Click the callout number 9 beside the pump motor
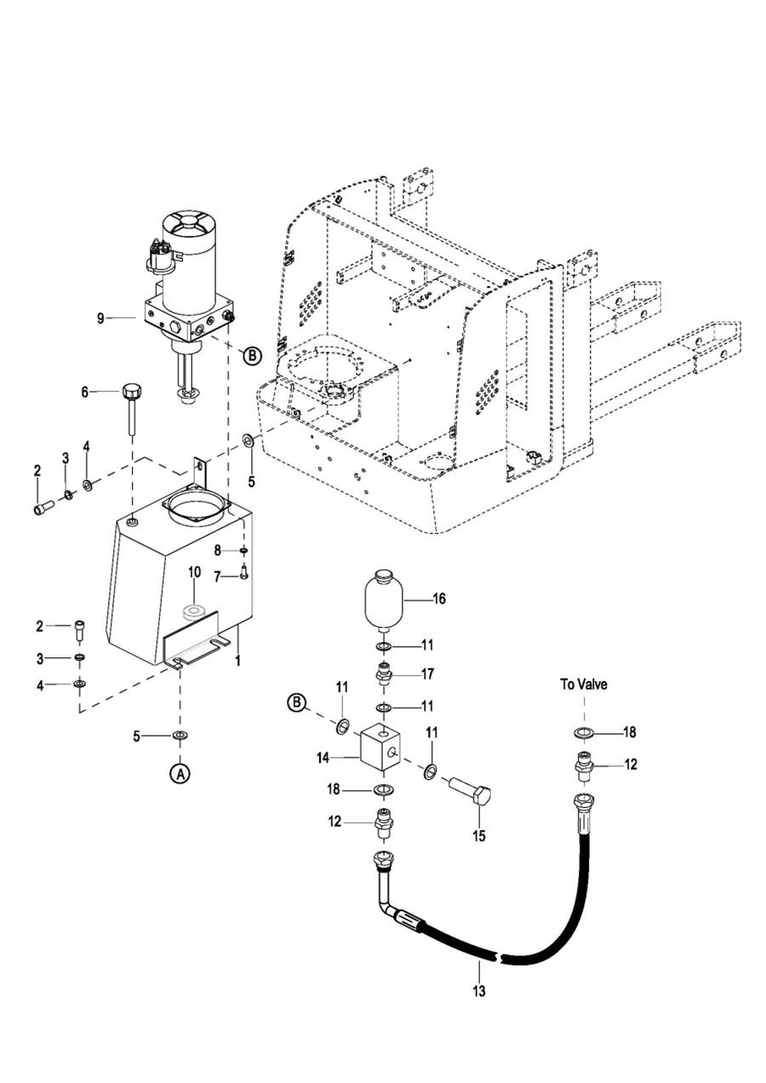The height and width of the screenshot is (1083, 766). point(100,318)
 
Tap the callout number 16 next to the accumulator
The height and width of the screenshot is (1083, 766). point(439,599)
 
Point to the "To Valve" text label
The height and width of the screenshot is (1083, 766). point(583,685)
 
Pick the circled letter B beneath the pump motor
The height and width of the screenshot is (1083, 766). point(251,356)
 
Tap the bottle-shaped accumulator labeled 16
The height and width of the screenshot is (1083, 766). point(383,600)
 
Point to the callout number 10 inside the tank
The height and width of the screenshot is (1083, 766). point(194,573)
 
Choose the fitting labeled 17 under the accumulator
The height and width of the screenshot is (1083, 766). point(384,674)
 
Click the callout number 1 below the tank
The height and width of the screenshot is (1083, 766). point(237,661)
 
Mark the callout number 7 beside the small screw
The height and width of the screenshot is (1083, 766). point(217,576)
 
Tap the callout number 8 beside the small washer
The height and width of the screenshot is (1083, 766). point(218,550)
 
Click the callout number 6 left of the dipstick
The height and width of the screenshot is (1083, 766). point(84,392)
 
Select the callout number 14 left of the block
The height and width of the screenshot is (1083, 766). point(323,758)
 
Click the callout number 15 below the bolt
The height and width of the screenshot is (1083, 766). point(479,836)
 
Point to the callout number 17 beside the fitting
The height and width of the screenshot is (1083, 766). point(428,673)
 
